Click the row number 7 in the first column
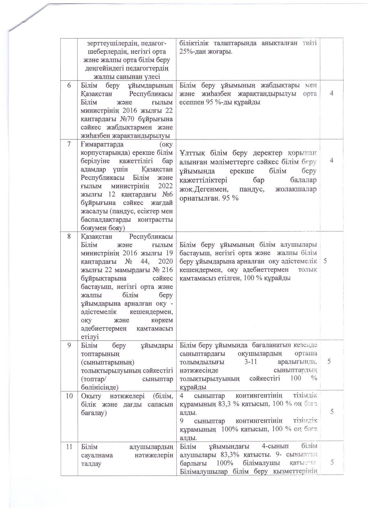pyautogui.click(x=69, y=145)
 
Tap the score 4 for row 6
pyautogui.click(x=332, y=93)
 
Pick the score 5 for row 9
pyautogui.click(x=329, y=361)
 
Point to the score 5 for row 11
pyautogui.click(x=332, y=462)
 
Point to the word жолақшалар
pyautogui.click(x=296, y=189)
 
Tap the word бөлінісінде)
pyautogui.click(x=100, y=387)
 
